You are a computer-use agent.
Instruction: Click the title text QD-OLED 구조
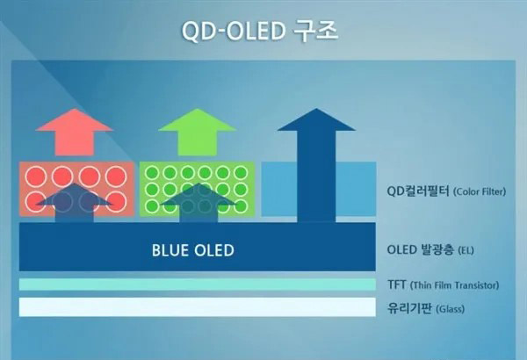(x=259, y=31)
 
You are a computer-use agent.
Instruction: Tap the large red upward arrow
(x=75, y=132)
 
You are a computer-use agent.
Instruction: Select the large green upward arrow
(x=198, y=132)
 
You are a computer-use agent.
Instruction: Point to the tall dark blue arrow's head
(x=316, y=119)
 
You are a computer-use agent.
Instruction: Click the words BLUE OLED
(x=193, y=250)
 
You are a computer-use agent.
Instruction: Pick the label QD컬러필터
(x=418, y=191)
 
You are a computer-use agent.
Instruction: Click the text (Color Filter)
(x=480, y=192)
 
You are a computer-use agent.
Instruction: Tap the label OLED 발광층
(x=420, y=249)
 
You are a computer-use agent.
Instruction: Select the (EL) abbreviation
(x=466, y=250)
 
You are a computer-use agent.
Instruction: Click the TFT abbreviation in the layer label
(x=397, y=284)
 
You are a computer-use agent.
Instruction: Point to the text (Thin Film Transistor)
(x=454, y=285)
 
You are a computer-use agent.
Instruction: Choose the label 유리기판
(x=409, y=308)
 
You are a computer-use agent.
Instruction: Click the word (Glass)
(x=450, y=308)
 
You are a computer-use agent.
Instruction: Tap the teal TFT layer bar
(x=198, y=284)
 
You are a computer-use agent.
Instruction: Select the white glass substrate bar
(x=198, y=307)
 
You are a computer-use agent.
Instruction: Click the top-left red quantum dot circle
(x=36, y=176)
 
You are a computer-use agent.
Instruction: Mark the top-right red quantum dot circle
(x=116, y=176)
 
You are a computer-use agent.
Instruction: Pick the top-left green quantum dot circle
(x=152, y=173)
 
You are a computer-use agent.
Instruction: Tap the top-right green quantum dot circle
(x=241, y=173)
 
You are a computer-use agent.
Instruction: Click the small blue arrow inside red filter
(x=75, y=203)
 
